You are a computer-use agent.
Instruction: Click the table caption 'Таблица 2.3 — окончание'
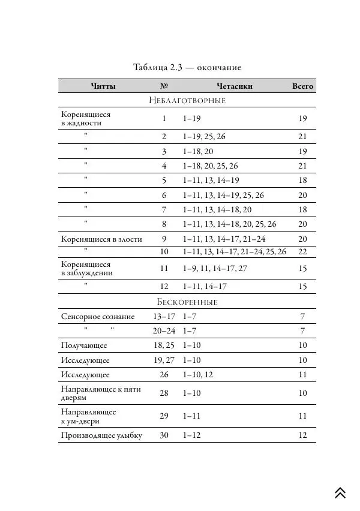(187, 67)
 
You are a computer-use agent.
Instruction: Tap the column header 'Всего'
(302, 86)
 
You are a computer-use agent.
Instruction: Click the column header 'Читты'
(103, 86)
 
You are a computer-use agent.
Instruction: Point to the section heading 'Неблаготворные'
(187, 100)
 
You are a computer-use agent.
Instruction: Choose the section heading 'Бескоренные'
(187, 302)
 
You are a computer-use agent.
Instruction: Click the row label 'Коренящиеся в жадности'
(86, 119)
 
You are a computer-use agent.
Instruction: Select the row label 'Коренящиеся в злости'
(101, 239)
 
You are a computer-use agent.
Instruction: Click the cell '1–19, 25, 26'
(205, 137)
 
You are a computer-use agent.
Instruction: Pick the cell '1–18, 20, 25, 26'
(211, 166)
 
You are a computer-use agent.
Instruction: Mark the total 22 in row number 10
(302, 252)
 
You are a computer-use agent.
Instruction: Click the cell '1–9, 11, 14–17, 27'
(215, 269)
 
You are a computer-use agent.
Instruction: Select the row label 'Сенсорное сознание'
(98, 317)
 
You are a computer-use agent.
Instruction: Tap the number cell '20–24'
(164, 331)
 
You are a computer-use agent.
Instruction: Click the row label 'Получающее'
(84, 345)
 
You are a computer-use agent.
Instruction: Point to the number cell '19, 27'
(164, 360)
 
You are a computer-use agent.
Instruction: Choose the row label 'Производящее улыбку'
(101, 435)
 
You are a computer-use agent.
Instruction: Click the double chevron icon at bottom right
(340, 492)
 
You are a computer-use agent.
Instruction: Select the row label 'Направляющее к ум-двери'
(89, 416)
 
